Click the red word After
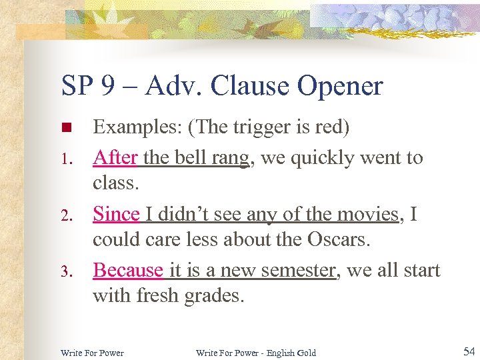tap(115, 158)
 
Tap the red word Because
tap(128, 270)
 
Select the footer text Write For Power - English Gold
tap(255, 352)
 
